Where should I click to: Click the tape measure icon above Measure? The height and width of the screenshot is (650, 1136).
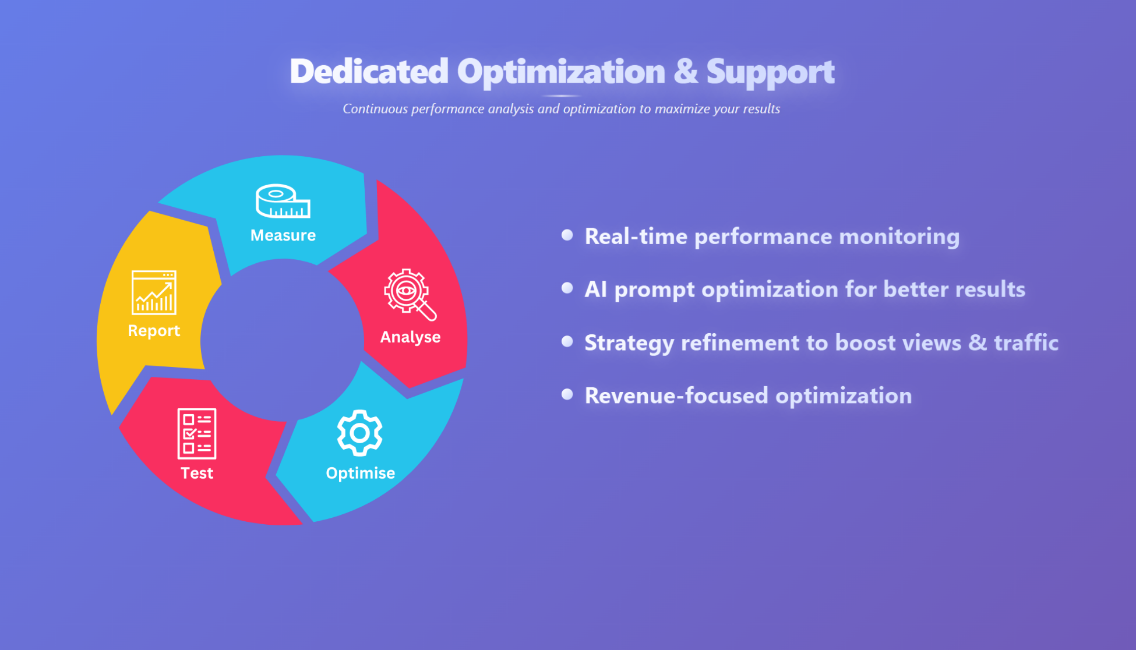tap(283, 201)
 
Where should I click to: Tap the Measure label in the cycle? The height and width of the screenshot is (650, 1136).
tap(283, 235)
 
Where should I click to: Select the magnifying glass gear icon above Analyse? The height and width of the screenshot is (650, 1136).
tap(410, 295)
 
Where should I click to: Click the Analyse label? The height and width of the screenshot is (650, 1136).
tap(411, 337)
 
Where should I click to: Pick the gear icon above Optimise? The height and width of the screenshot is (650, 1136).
tap(360, 433)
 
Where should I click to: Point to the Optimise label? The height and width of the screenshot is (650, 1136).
tap(361, 473)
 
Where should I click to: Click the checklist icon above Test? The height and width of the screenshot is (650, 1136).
tap(197, 434)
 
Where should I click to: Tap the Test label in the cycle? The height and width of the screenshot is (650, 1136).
tap(197, 473)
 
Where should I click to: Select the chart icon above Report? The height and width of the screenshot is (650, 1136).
tap(154, 292)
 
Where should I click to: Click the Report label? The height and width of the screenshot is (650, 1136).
tap(154, 331)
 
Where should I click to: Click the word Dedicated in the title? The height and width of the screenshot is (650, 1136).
tap(369, 71)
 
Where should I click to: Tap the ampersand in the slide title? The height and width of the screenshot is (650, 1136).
tap(686, 71)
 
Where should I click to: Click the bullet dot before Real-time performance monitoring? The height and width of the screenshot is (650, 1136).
tap(567, 235)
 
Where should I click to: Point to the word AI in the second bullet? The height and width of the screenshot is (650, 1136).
tap(596, 289)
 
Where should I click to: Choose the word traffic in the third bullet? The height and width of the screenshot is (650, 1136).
tap(1026, 342)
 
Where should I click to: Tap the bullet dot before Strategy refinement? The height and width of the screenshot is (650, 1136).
tap(567, 341)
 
